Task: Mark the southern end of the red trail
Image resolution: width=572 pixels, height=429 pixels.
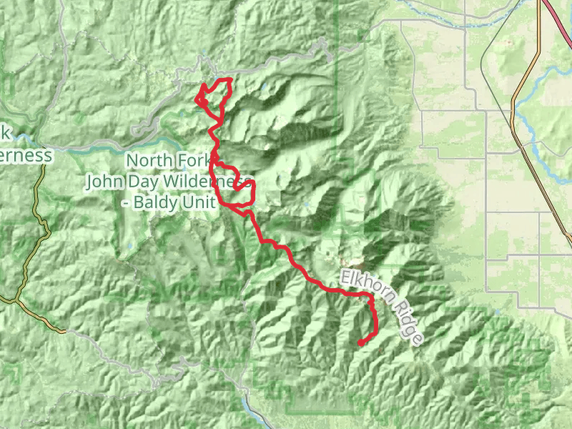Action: [x=360, y=343]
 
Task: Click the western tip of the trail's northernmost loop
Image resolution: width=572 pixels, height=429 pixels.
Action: [x=196, y=100]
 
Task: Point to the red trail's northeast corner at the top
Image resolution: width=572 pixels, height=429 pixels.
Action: [x=230, y=80]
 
